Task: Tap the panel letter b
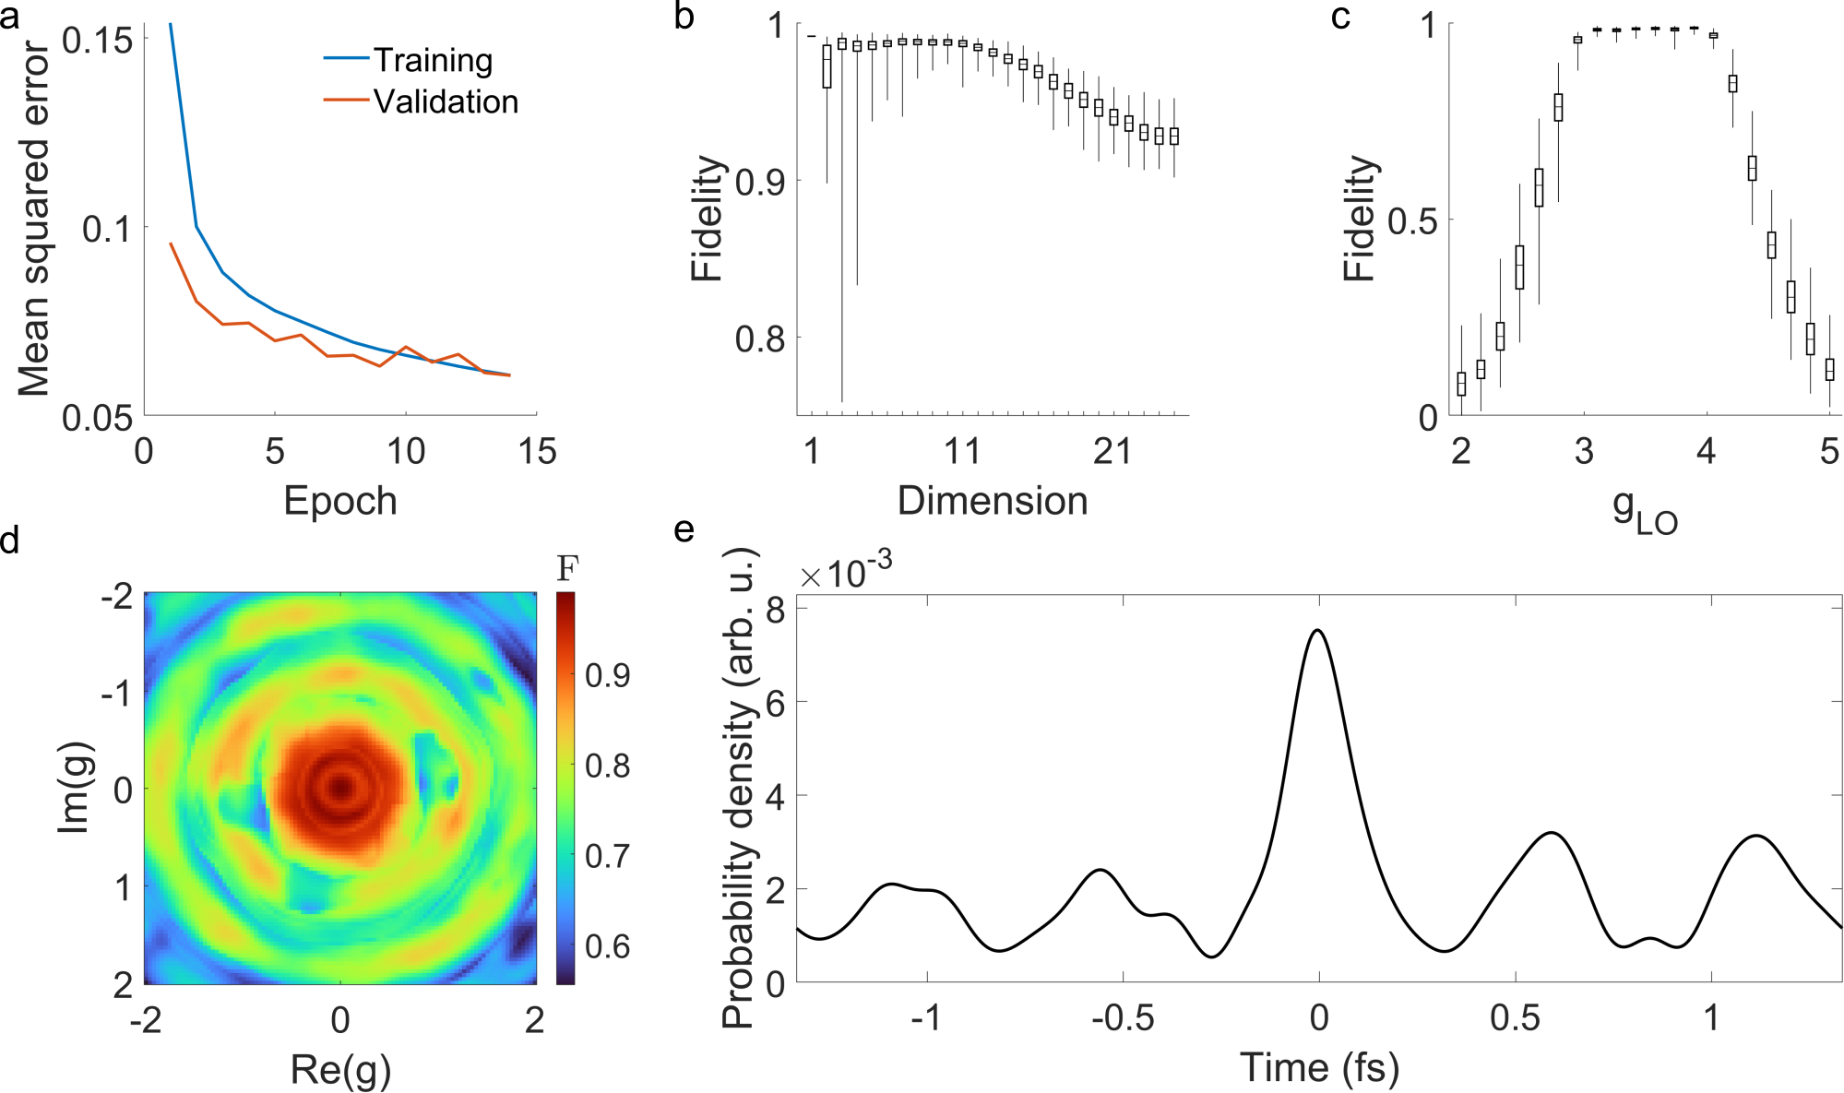tap(684, 16)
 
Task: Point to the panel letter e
tap(684, 530)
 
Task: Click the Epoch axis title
tap(340, 501)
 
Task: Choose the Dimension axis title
tap(993, 501)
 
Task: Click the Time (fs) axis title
tap(1319, 1067)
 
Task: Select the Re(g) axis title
tap(340, 1069)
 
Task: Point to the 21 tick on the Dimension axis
tap(1112, 451)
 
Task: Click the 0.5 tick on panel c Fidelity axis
tap(1412, 220)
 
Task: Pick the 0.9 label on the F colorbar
tap(608, 675)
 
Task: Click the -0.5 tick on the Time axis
tap(1123, 1017)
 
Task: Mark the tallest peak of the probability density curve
tap(1318, 631)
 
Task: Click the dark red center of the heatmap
tap(341, 788)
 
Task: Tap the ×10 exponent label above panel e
tap(845, 572)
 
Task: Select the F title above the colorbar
tap(566, 568)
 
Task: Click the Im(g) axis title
tap(74, 788)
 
